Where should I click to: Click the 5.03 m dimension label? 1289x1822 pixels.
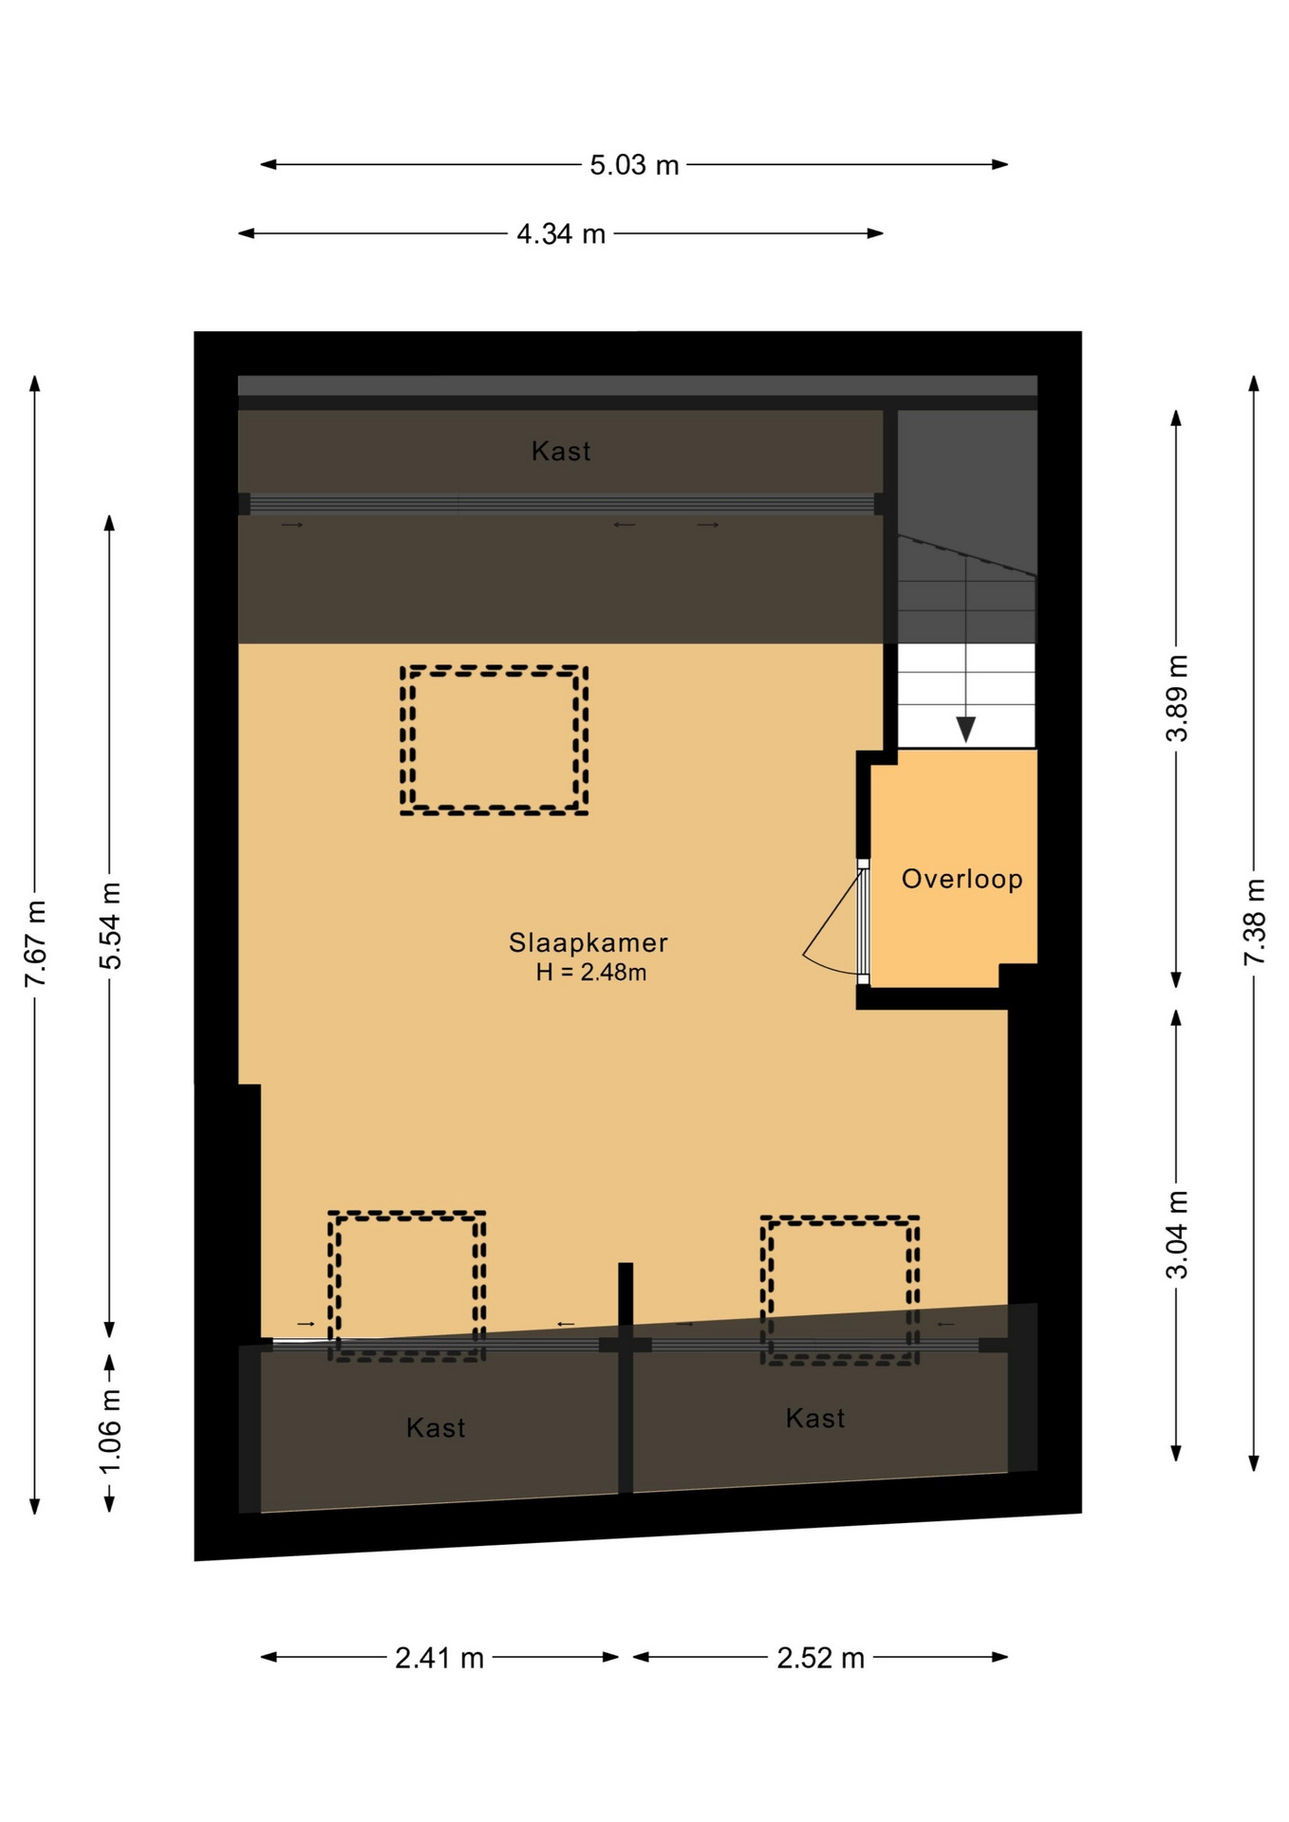(634, 165)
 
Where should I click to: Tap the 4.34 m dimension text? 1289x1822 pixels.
(561, 233)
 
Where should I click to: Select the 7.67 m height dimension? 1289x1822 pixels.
(35, 943)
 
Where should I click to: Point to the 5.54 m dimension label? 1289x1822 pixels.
(110, 925)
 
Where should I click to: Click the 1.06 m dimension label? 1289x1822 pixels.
(110, 1430)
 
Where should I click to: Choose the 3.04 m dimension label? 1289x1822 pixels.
(1177, 1235)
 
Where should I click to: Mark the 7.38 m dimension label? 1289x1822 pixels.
(1255, 922)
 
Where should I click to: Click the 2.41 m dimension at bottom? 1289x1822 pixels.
(439, 1658)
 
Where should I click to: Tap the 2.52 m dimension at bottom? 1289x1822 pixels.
(821, 1658)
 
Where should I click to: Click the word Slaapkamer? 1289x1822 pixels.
(588, 942)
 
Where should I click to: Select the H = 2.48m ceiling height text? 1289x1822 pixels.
(591, 972)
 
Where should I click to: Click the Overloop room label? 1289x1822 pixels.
(962, 879)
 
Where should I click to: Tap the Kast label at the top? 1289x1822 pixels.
(561, 451)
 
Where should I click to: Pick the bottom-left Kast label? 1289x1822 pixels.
(436, 1427)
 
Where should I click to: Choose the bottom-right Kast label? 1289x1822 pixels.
(815, 1418)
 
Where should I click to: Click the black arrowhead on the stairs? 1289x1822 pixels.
(966, 729)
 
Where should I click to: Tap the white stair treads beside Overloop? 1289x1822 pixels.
(966, 696)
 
